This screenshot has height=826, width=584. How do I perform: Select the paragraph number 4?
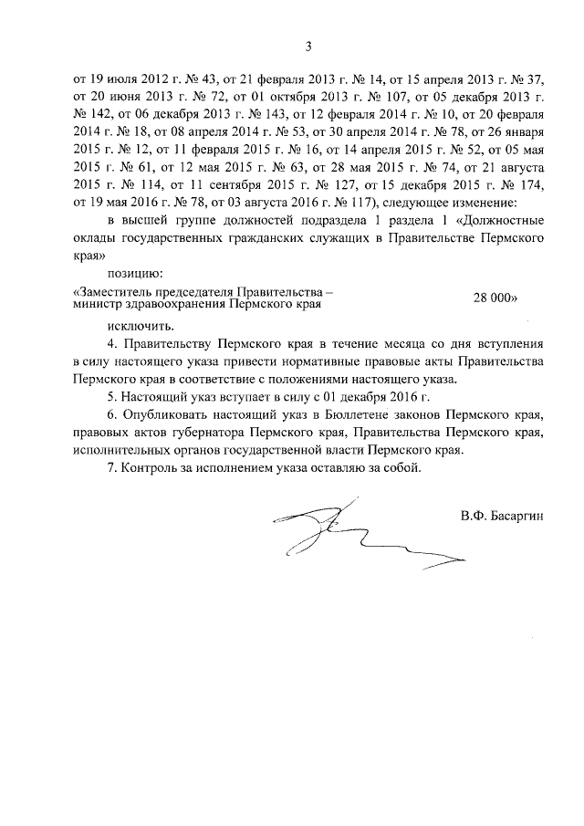click(111, 344)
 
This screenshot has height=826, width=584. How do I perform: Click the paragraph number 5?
click(111, 397)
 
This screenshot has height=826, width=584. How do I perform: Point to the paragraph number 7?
click(111, 468)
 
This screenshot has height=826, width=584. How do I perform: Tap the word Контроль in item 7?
click(147, 468)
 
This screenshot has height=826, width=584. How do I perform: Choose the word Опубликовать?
click(160, 415)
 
